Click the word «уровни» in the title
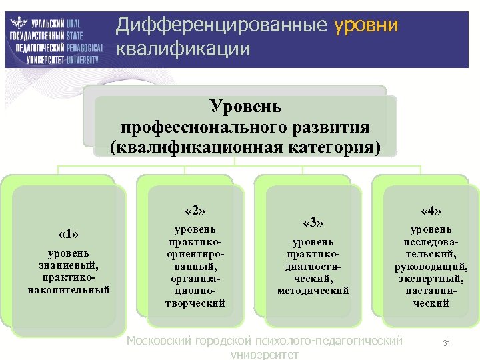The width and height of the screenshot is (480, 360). point(366,25)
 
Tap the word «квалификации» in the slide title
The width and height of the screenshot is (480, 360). point(183,49)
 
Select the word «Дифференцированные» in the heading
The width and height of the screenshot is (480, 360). point(222,25)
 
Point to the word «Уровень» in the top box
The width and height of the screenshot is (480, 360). point(246,106)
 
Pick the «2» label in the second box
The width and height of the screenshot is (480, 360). point(195,211)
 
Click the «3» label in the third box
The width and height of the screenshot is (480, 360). point(313,222)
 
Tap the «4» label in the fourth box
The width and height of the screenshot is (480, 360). point(431,211)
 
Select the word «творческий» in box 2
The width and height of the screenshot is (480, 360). point(195,303)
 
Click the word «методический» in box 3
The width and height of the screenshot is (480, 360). point(313,290)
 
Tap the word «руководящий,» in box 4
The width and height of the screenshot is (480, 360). point(431,267)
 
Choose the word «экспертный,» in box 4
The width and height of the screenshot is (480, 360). point(431,279)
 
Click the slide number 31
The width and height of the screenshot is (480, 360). point(447,343)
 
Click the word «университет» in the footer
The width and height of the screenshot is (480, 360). point(264,355)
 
